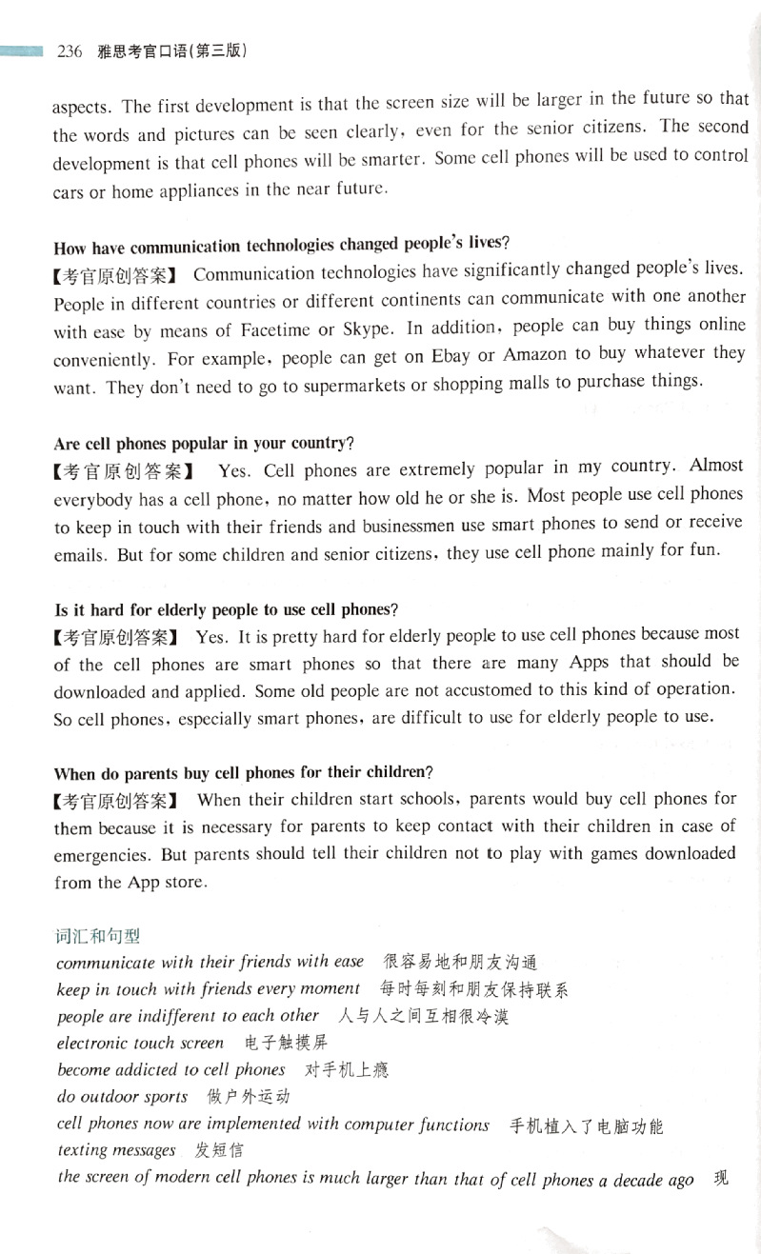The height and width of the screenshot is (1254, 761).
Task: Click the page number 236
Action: click(x=71, y=53)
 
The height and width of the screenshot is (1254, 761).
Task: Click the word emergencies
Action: click(x=107, y=855)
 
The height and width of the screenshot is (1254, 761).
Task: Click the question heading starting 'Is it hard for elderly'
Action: click(x=226, y=607)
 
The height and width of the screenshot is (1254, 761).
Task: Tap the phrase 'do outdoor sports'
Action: click(x=122, y=1097)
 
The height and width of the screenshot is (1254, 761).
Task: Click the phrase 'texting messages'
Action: click(x=116, y=1151)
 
